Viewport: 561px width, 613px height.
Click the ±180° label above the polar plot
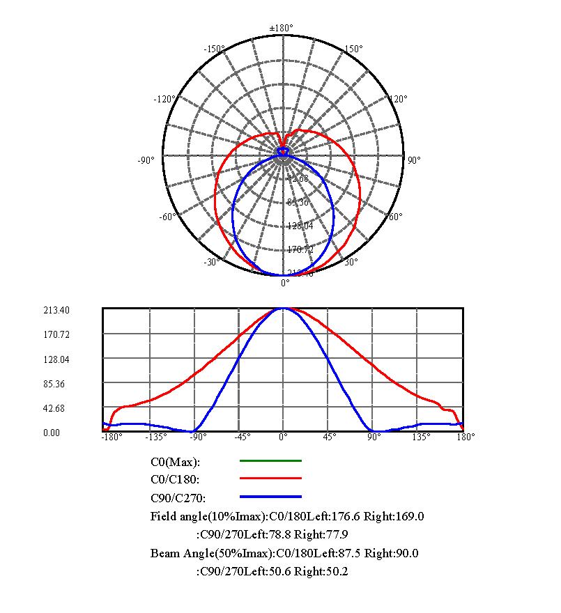pyautogui.click(x=282, y=28)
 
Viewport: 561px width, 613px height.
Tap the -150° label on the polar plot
pyautogui.click(x=213, y=49)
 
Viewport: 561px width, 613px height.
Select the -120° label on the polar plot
pyautogui.click(x=164, y=99)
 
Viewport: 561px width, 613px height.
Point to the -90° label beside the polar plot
pyautogui.click(x=146, y=161)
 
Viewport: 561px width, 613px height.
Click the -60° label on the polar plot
pyautogui.click(x=167, y=217)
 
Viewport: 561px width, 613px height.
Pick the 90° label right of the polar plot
pyautogui.click(x=414, y=160)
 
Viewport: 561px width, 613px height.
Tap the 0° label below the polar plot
pyautogui.click(x=285, y=283)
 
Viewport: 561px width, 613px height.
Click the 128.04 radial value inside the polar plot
pyautogui.click(x=299, y=226)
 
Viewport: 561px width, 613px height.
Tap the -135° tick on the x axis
pyautogui.click(x=155, y=437)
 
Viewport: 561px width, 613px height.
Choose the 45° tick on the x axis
pyautogui.click(x=329, y=437)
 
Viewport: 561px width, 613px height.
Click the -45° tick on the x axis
pyautogui.click(x=241, y=437)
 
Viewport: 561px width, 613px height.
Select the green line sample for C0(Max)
pyautogui.click(x=270, y=460)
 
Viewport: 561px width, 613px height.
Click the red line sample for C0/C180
pyautogui.click(x=270, y=479)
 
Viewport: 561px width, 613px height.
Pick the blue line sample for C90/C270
pyautogui.click(x=270, y=497)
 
